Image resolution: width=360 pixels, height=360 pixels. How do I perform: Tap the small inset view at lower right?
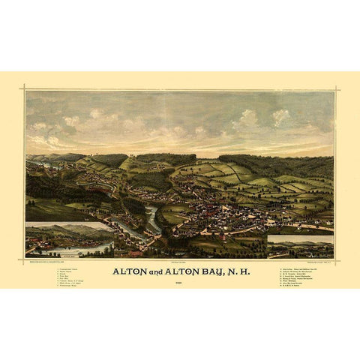pos(300,244)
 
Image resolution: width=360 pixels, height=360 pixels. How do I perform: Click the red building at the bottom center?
pos(136,253)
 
